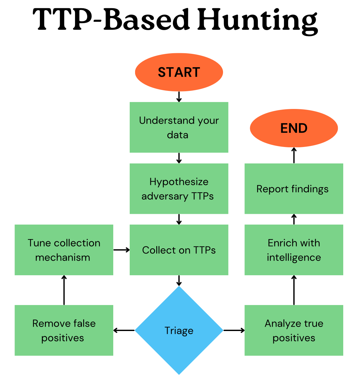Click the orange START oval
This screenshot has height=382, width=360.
tap(179, 72)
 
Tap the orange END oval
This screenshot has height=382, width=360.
tap(294, 128)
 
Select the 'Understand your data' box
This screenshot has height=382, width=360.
tap(179, 127)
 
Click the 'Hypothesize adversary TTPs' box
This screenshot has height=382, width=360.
tap(179, 189)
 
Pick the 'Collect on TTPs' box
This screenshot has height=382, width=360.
tap(179, 250)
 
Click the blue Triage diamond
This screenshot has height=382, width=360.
tap(179, 330)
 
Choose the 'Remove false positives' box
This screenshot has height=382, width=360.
tap(64, 330)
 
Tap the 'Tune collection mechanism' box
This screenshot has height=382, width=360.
tap(64, 250)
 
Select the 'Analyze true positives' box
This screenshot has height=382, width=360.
tap(294, 330)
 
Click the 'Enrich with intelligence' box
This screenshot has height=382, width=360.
tap(294, 250)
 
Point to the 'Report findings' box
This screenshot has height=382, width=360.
tap(294, 189)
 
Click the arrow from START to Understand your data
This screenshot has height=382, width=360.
tap(179, 97)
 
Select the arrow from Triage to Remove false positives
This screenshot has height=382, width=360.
tap(124, 330)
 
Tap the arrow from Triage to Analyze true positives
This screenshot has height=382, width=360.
tap(234, 330)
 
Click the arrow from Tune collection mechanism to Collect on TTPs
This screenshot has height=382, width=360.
tap(121, 250)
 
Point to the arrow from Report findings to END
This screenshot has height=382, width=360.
tap(294, 156)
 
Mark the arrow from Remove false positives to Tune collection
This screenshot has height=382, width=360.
tap(64, 290)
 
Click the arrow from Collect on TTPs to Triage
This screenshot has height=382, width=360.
tap(179, 281)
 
